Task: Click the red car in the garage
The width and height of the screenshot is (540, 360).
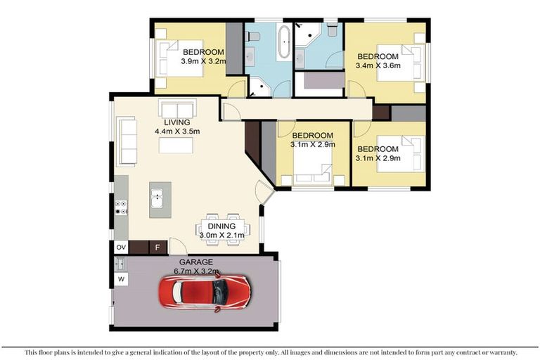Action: [x=205, y=292]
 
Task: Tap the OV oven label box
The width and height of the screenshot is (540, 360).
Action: [x=121, y=247]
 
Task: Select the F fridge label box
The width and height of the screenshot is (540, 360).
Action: [x=157, y=247]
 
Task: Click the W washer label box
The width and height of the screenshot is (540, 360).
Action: [x=121, y=280]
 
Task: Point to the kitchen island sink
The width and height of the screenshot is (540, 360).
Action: [x=156, y=196]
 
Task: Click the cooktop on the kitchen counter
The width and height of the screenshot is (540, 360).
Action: [x=121, y=207]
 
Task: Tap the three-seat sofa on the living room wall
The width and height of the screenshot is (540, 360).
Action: [x=127, y=141]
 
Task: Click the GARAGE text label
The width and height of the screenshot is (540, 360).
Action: [x=193, y=262]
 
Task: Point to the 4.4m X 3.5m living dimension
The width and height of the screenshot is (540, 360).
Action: [x=178, y=131]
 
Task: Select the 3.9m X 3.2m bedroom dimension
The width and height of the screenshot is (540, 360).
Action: [x=203, y=61]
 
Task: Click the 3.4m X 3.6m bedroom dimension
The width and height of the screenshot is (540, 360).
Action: [x=378, y=66]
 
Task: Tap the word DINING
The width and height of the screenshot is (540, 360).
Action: [x=221, y=226]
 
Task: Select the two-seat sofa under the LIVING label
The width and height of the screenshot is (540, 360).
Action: [x=177, y=110]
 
